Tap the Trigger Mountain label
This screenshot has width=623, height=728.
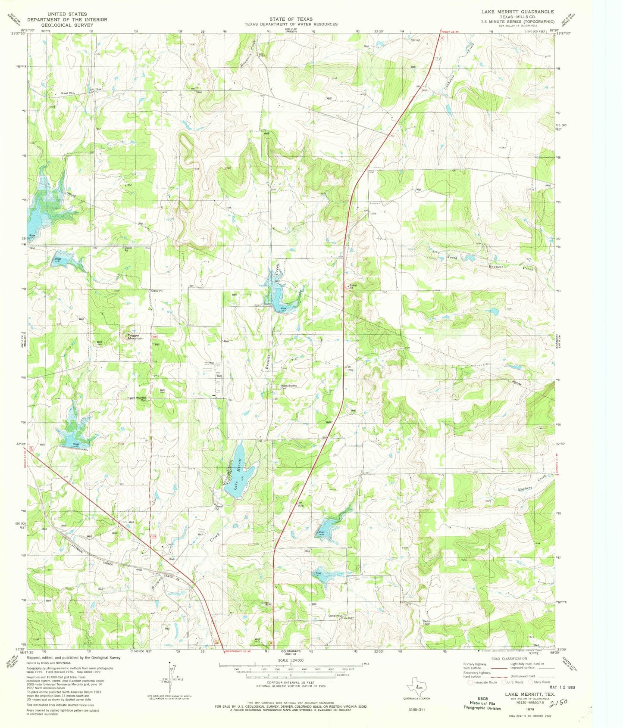135,337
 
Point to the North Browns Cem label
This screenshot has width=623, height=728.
289,386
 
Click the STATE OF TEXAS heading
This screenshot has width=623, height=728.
291,19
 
